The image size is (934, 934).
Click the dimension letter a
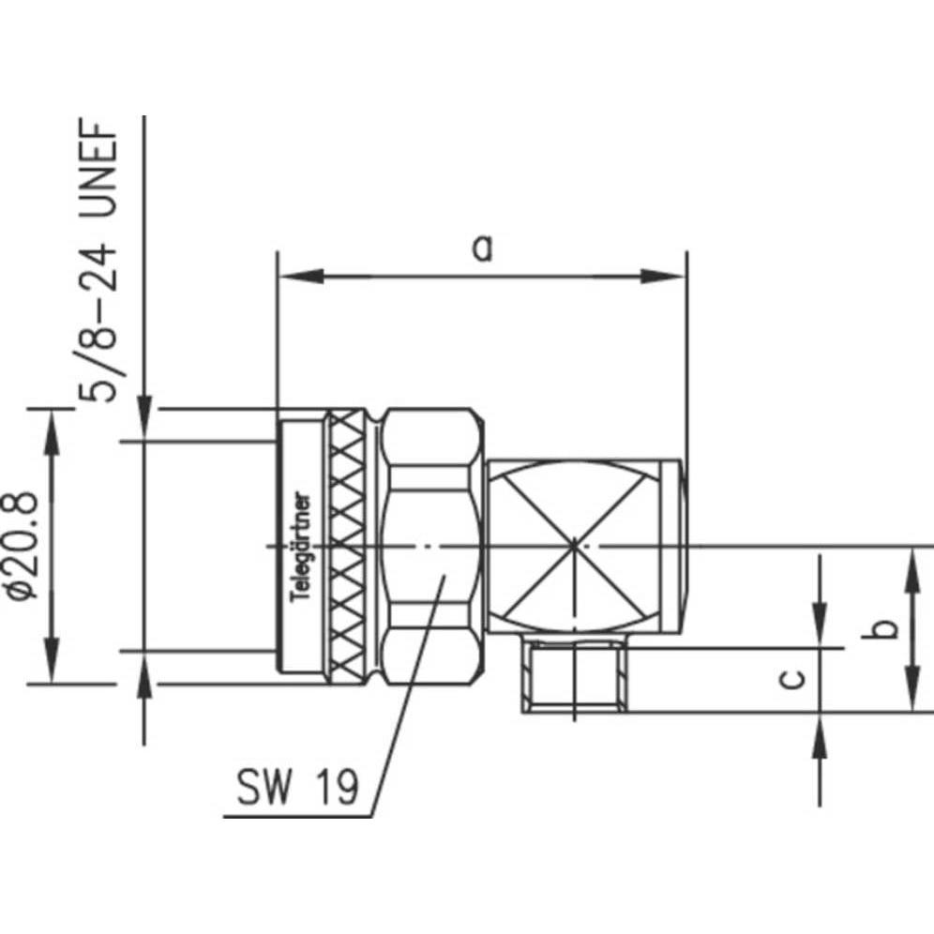(x=481, y=249)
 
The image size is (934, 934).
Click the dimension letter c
(x=793, y=679)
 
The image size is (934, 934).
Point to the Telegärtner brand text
(x=303, y=549)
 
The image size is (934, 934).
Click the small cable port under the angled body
(x=574, y=677)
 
